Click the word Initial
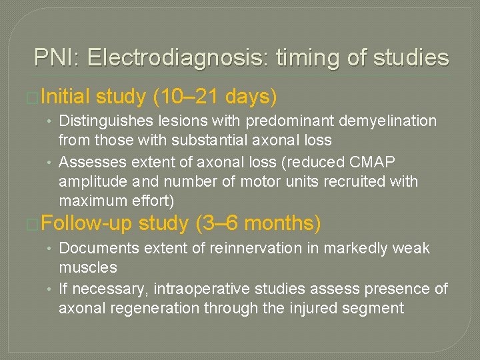(65, 97)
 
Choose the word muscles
(88, 267)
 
